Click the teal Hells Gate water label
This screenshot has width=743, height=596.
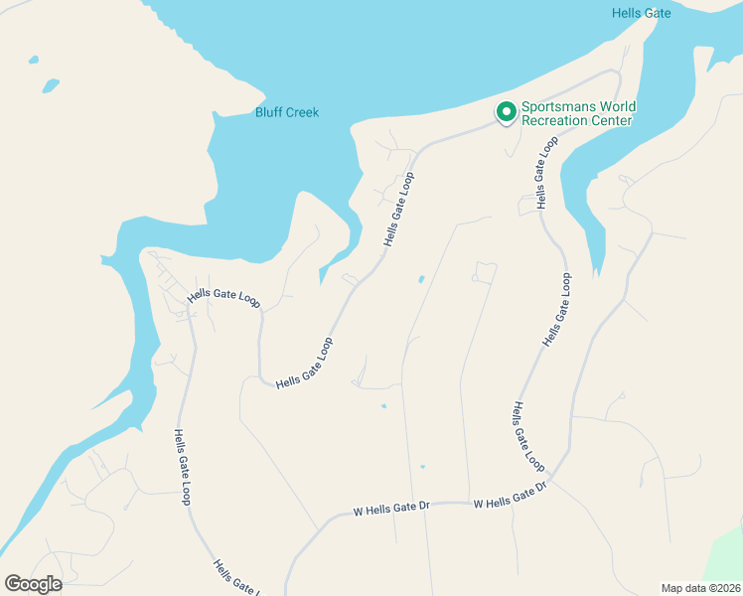click(x=641, y=13)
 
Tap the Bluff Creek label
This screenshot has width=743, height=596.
click(x=287, y=112)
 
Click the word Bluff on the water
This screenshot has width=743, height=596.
click(x=269, y=112)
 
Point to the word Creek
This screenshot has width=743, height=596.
click(x=303, y=112)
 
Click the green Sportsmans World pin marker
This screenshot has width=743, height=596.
click(x=506, y=112)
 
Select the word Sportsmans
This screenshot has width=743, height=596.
click(x=557, y=107)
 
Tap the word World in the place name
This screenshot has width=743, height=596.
click(x=617, y=107)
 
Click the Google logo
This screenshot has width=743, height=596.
click(x=33, y=584)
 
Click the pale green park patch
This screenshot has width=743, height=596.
click(x=726, y=561)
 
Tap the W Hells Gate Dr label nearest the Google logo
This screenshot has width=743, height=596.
click(x=391, y=509)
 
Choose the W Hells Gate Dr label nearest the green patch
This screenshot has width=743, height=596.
click(x=511, y=495)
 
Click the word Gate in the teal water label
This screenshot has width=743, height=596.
click(x=659, y=13)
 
